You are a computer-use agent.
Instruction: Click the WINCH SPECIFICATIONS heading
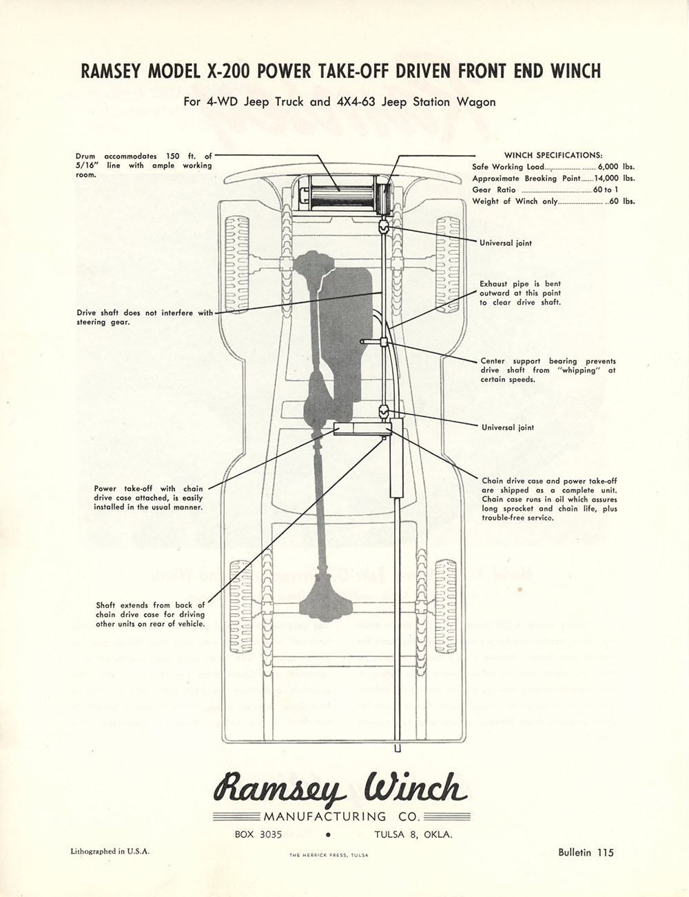pyautogui.click(x=553, y=154)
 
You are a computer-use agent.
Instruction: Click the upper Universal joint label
pyautogui.click(x=506, y=243)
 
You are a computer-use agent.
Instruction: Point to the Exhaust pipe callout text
pyautogui.click(x=520, y=293)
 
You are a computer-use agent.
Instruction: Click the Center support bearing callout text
pyautogui.click(x=548, y=370)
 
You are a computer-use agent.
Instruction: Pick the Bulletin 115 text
pyautogui.click(x=586, y=852)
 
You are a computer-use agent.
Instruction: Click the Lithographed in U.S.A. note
pyautogui.click(x=110, y=851)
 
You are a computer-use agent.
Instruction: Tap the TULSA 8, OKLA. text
pyautogui.click(x=413, y=834)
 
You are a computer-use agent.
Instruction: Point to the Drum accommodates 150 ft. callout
pyautogui.click(x=144, y=165)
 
